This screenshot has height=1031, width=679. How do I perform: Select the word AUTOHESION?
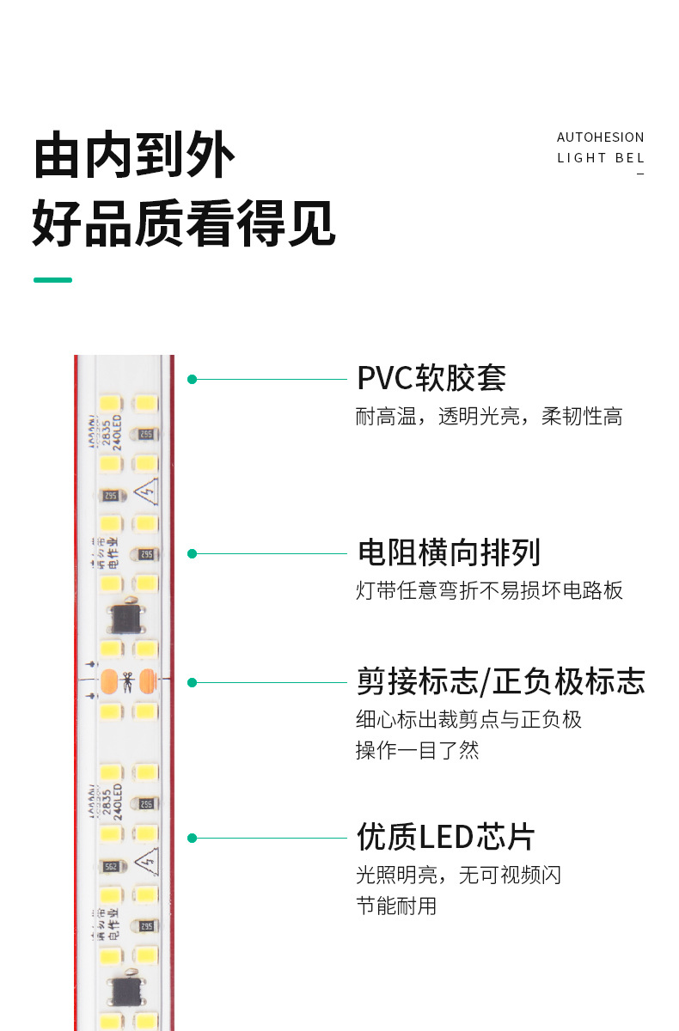click(600, 137)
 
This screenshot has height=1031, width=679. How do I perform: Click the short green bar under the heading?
click(52, 280)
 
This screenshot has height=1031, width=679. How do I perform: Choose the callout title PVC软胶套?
click(431, 379)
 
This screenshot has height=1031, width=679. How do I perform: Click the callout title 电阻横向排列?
click(449, 553)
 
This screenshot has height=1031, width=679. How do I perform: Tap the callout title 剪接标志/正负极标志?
click(500, 682)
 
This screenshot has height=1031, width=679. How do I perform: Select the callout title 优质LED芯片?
click(445, 838)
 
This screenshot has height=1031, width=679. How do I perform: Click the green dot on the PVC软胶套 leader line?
click(193, 379)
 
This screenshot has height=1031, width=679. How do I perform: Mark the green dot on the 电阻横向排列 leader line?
click(193, 553)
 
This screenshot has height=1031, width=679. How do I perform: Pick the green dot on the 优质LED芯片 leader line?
click(193, 838)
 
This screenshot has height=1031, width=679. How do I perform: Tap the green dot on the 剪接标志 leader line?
click(193, 682)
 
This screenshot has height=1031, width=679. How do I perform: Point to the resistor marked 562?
click(110, 867)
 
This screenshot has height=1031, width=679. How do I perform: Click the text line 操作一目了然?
click(417, 750)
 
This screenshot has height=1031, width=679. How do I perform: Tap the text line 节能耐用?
click(396, 906)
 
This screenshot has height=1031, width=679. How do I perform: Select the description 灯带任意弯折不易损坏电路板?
click(489, 591)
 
